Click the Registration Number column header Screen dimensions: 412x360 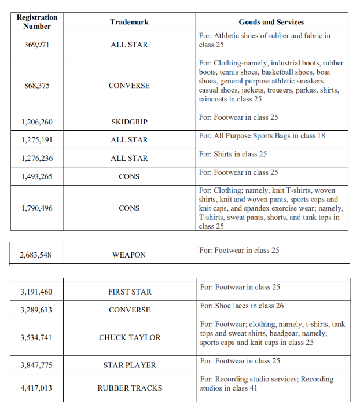[37, 22]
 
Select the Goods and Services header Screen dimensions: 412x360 [271, 22]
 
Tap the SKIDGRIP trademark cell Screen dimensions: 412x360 [129, 122]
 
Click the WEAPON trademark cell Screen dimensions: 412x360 [129, 255]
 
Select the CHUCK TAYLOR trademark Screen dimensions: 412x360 [130, 337]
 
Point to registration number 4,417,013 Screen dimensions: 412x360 [36, 388]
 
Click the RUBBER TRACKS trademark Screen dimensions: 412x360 [130, 388]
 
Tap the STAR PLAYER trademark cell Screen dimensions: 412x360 [130, 365]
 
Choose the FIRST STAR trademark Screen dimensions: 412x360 [130, 292]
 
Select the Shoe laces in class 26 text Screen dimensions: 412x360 [250, 306]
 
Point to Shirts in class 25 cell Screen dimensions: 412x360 [241, 154]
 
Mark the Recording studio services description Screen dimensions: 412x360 [266, 384]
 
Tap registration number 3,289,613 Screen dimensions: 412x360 [36, 310]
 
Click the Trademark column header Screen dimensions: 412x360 [129, 22]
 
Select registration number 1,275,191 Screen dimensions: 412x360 [36, 140]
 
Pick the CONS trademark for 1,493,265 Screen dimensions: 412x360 [129, 176]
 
